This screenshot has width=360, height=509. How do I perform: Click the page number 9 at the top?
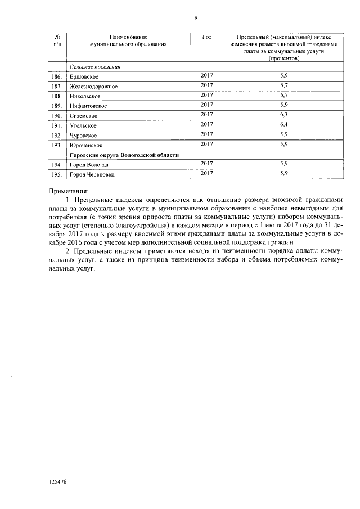pos(196,18)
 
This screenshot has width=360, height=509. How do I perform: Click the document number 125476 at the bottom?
pos(58,481)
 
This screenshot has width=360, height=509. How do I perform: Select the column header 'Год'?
pos(206,37)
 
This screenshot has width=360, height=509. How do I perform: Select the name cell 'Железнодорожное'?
pos(93,86)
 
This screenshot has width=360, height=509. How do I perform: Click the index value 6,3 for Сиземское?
pos(283,115)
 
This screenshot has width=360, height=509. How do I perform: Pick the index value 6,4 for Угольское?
pos(283,124)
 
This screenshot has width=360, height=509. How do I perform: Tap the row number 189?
pos(56,106)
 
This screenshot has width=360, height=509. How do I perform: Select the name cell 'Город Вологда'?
pos(89,165)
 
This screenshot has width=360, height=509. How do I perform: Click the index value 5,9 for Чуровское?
pos(283,134)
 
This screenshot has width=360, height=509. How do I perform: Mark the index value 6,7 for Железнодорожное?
pos(283,85)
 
